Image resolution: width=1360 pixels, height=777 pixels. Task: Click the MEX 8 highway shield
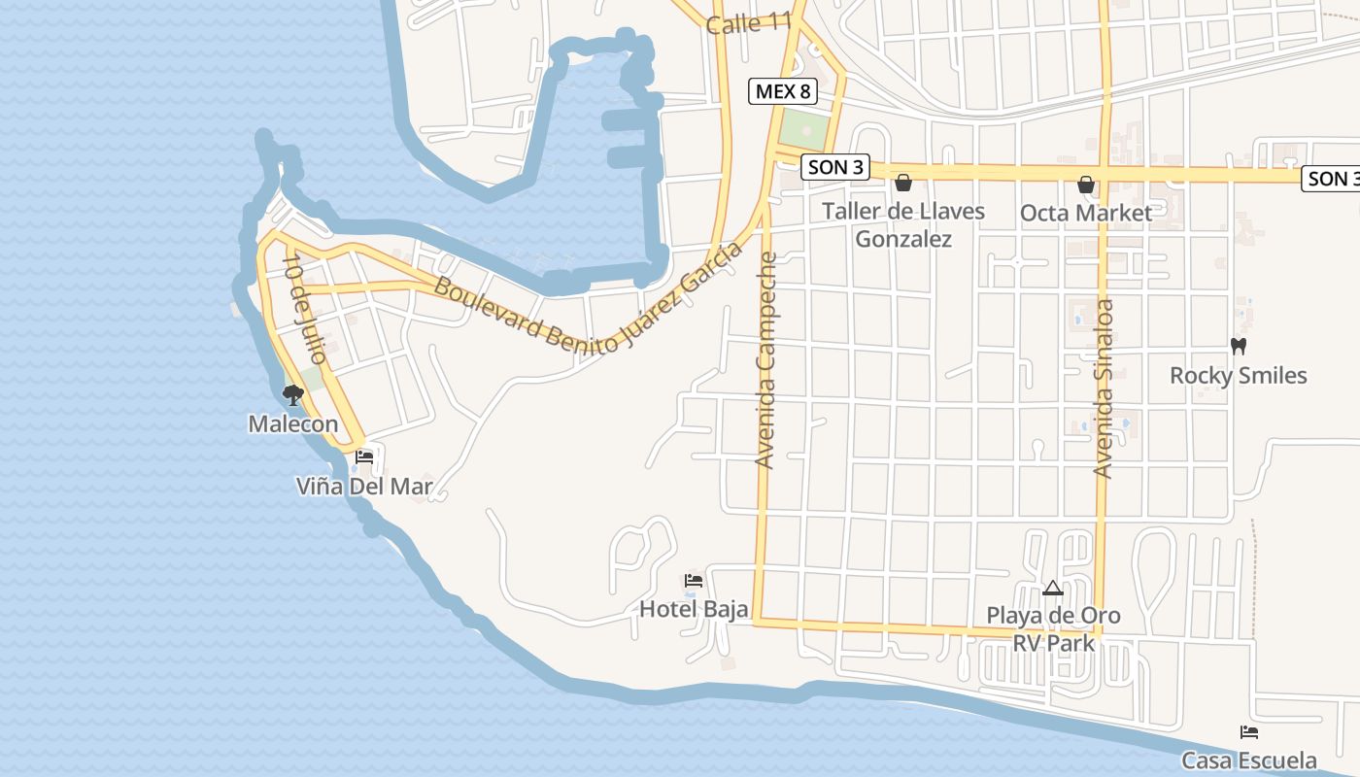pyautogui.click(x=782, y=92)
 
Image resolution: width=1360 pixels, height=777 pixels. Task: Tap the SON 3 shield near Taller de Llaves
pyautogui.click(x=834, y=167)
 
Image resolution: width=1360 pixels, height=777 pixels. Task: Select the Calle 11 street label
pyautogui.click(x=749, y=22)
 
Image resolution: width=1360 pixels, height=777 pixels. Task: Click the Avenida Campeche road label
pyautogui.click(x=767, y=360)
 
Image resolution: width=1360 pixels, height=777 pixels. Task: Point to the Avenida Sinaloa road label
pyautogui.click(x=1104, y=388)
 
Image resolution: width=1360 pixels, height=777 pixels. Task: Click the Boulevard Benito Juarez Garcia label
pyautogui.click(x=588, y=311)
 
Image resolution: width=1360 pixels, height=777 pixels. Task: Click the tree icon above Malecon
pyautogui.click(x=292, y=394)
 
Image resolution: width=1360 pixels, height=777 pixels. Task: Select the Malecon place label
pyautogui.click(x=293, y=423)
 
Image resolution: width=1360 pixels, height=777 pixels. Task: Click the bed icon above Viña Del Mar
pyautogui.click(x=364, y=456)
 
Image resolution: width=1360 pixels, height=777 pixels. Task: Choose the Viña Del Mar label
pyautogui.click(x=364, y=486)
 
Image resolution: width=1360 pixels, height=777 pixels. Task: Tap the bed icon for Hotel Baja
pyautogui.click(x=694, y=581)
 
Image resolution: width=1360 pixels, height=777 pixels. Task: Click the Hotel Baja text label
pyautogui.click(x=694, y=609)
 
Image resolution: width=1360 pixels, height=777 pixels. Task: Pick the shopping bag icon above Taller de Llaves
pyautogui.click(x=903, y=183)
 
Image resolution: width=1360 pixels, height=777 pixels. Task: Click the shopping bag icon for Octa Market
pyautogui.click(x=1086, y=185)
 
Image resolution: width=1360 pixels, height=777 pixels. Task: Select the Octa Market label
pyautogui.click(x=1086, y=213)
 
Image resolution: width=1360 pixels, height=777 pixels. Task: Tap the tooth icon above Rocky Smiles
pyautogui.click(x=1239, y=346)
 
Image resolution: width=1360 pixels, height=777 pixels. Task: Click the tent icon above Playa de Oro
pyautogui.click(x=1053, y=588)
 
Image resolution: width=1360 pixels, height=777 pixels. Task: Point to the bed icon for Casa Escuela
pyautogui.click(x=1249, y=732)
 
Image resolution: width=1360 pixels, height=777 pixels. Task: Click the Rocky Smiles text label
pyautogui.click(x=1239, y=375)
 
